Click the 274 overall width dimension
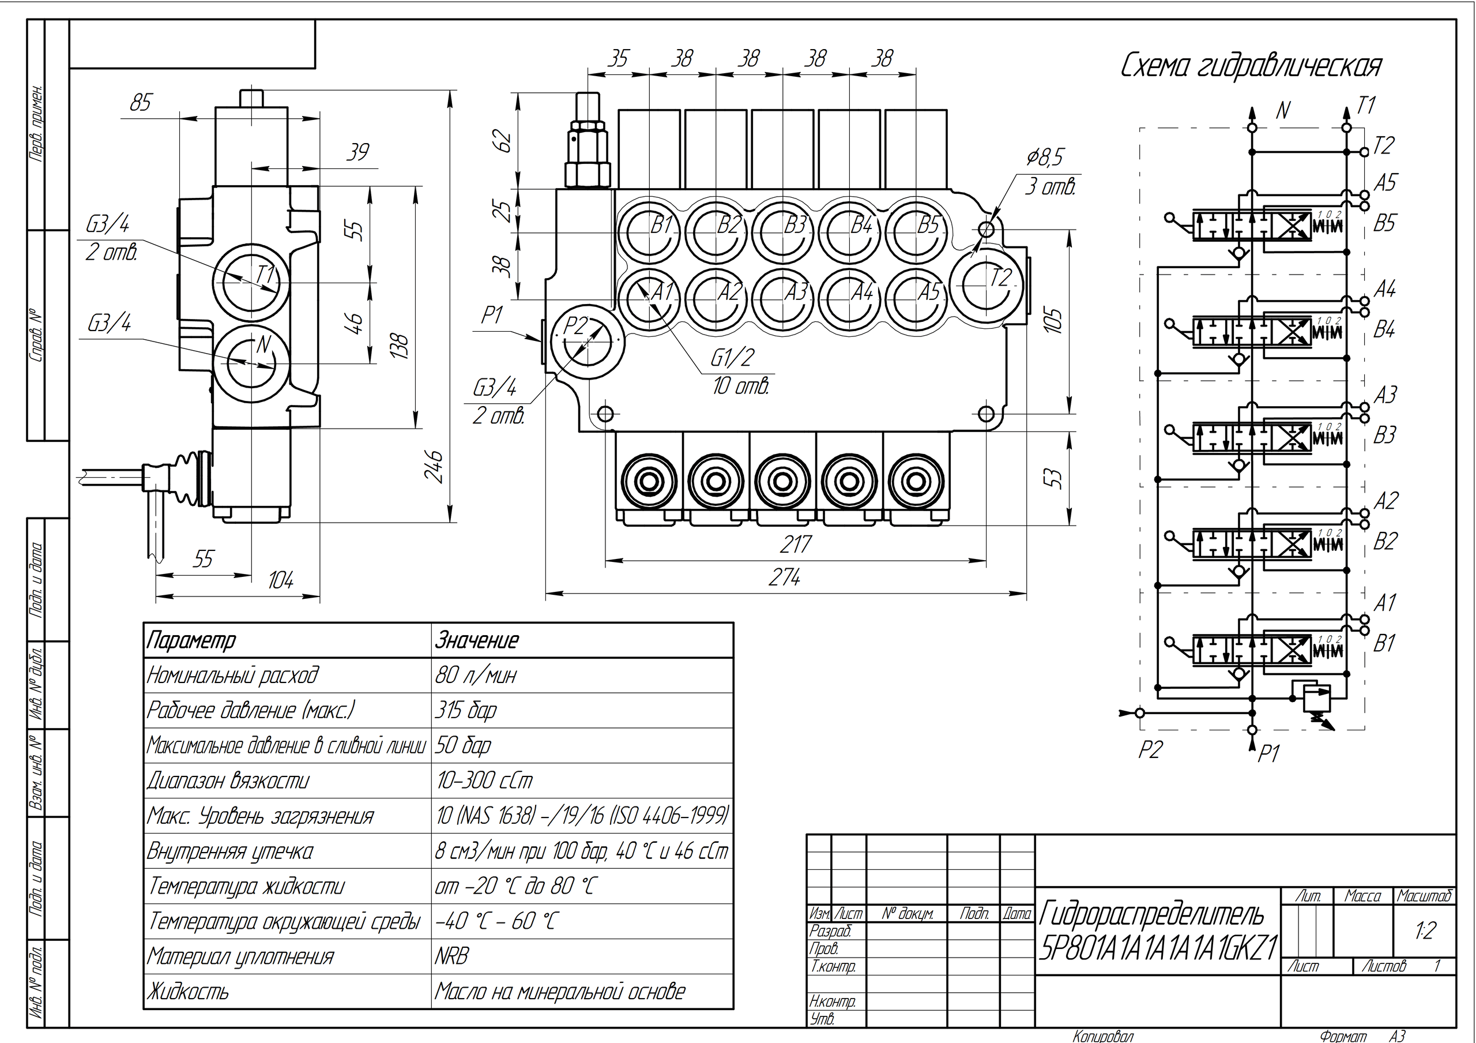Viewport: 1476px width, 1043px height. (784, 578)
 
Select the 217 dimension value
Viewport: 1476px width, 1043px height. (795, 545)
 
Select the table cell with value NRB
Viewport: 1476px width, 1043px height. (452, 956)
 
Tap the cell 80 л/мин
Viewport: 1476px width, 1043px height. (476, 675)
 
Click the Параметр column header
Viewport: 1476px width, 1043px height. (191, 640)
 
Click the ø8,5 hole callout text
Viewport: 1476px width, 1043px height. (1045, 157)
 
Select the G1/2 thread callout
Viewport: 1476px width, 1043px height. (732, 358)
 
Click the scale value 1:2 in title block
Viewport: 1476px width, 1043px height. (1425, 931)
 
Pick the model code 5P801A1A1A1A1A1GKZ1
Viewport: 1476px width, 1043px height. (1158, 948)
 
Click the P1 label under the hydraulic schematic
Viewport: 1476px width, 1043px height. (1268, 753)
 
